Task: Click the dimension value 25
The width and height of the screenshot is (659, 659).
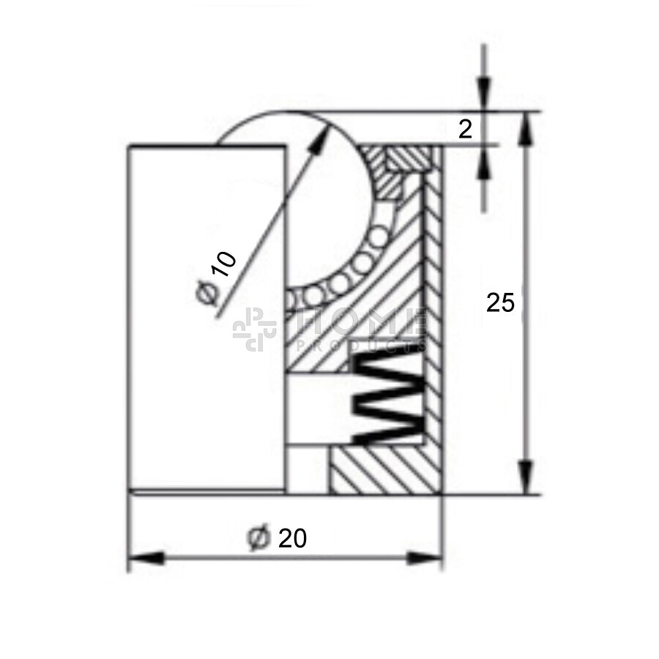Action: tap(500, 302)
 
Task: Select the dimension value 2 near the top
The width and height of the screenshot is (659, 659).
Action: tap(465, 130)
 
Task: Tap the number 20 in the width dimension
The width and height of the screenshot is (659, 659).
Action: tap(292, 538)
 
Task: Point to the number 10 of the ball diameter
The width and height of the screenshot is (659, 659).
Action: tap(223, 264)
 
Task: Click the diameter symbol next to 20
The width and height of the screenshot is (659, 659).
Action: tap(258, 538)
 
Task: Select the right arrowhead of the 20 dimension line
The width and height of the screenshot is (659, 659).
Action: tap(425, 558)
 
